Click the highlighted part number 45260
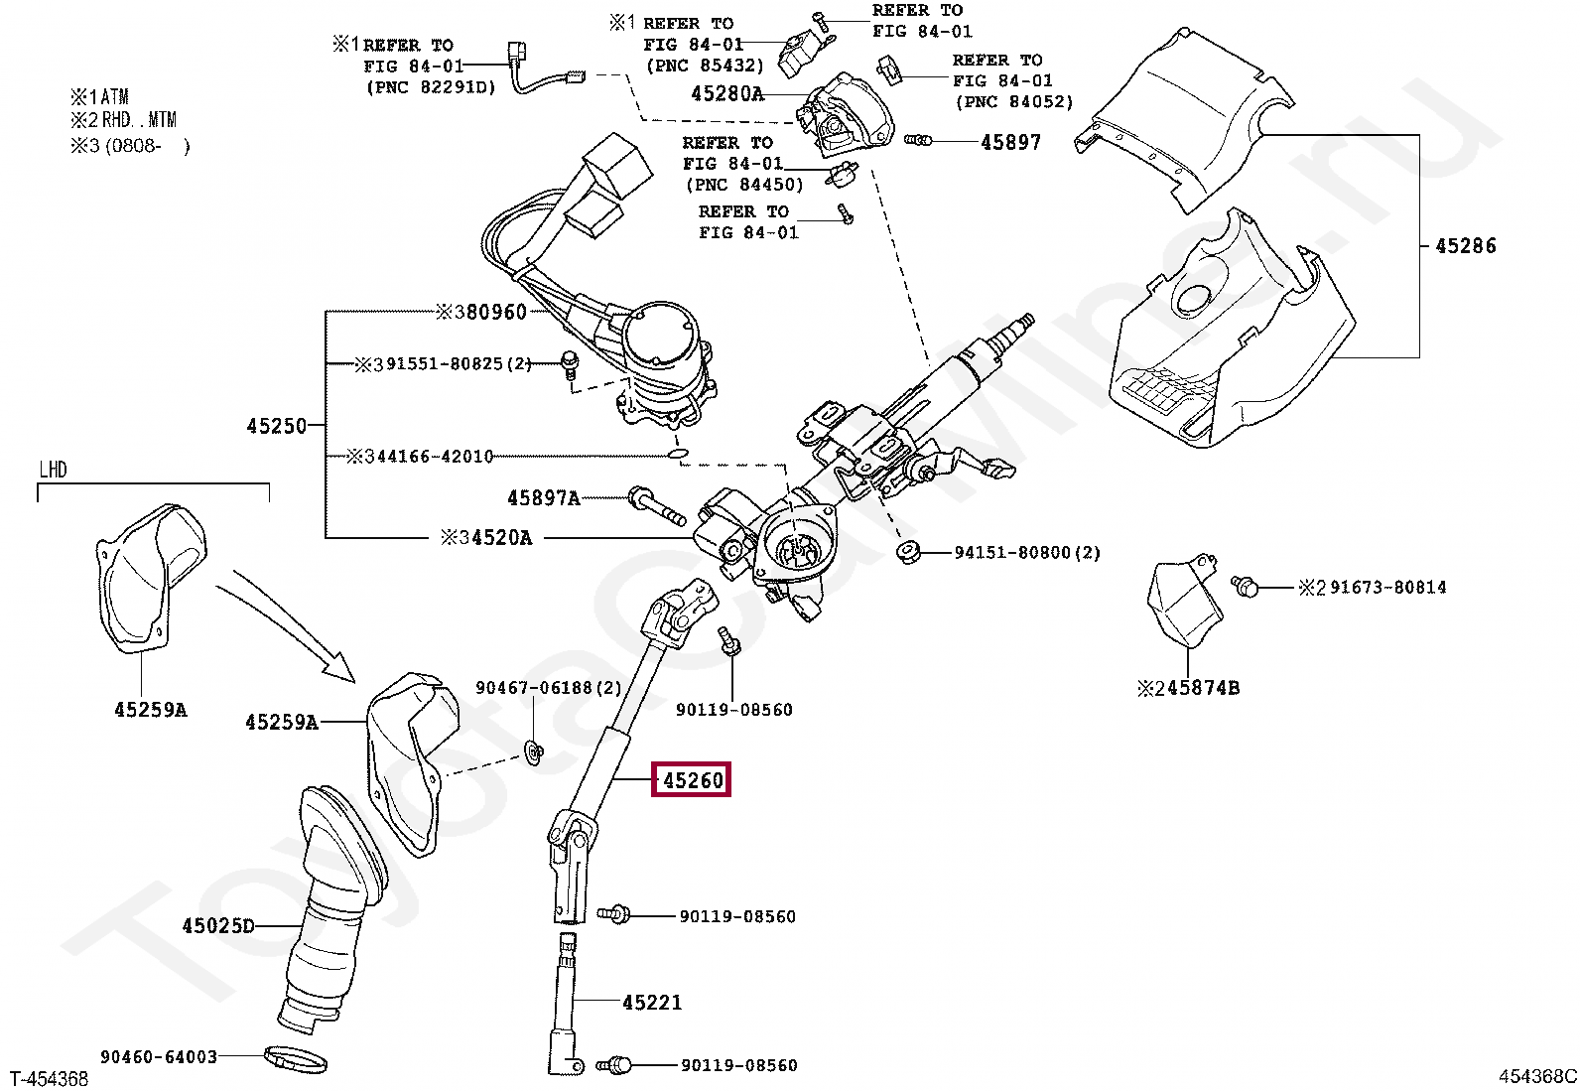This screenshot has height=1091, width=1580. pos(692,780)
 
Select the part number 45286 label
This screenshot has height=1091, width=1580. pos(1465,246)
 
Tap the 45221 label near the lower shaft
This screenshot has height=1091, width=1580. pos(652,1003)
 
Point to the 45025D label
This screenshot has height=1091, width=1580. pos(218,926)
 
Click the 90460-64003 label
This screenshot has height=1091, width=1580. pos(159,1057)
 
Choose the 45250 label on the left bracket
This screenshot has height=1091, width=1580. pos(276,426)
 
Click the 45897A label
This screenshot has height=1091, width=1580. pos(543,498)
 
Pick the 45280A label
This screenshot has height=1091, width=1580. pos(726,94)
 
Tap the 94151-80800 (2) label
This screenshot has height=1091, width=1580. pos(1027,553)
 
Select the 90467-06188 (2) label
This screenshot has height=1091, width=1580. pos(548,688)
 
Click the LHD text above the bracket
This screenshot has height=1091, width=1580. pos(54,470)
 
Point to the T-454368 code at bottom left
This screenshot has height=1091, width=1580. pos(50,1079)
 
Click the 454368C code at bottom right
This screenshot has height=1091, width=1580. pos(1536,1076)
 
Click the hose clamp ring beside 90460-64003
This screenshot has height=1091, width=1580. pos(296,1060)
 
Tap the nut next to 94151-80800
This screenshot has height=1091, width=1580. pos(906,552)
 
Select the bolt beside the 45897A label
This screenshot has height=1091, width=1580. pos(656,506)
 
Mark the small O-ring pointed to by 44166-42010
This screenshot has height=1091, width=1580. pos(678,454)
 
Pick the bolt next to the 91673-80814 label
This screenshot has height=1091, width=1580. pos(1245,587)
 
